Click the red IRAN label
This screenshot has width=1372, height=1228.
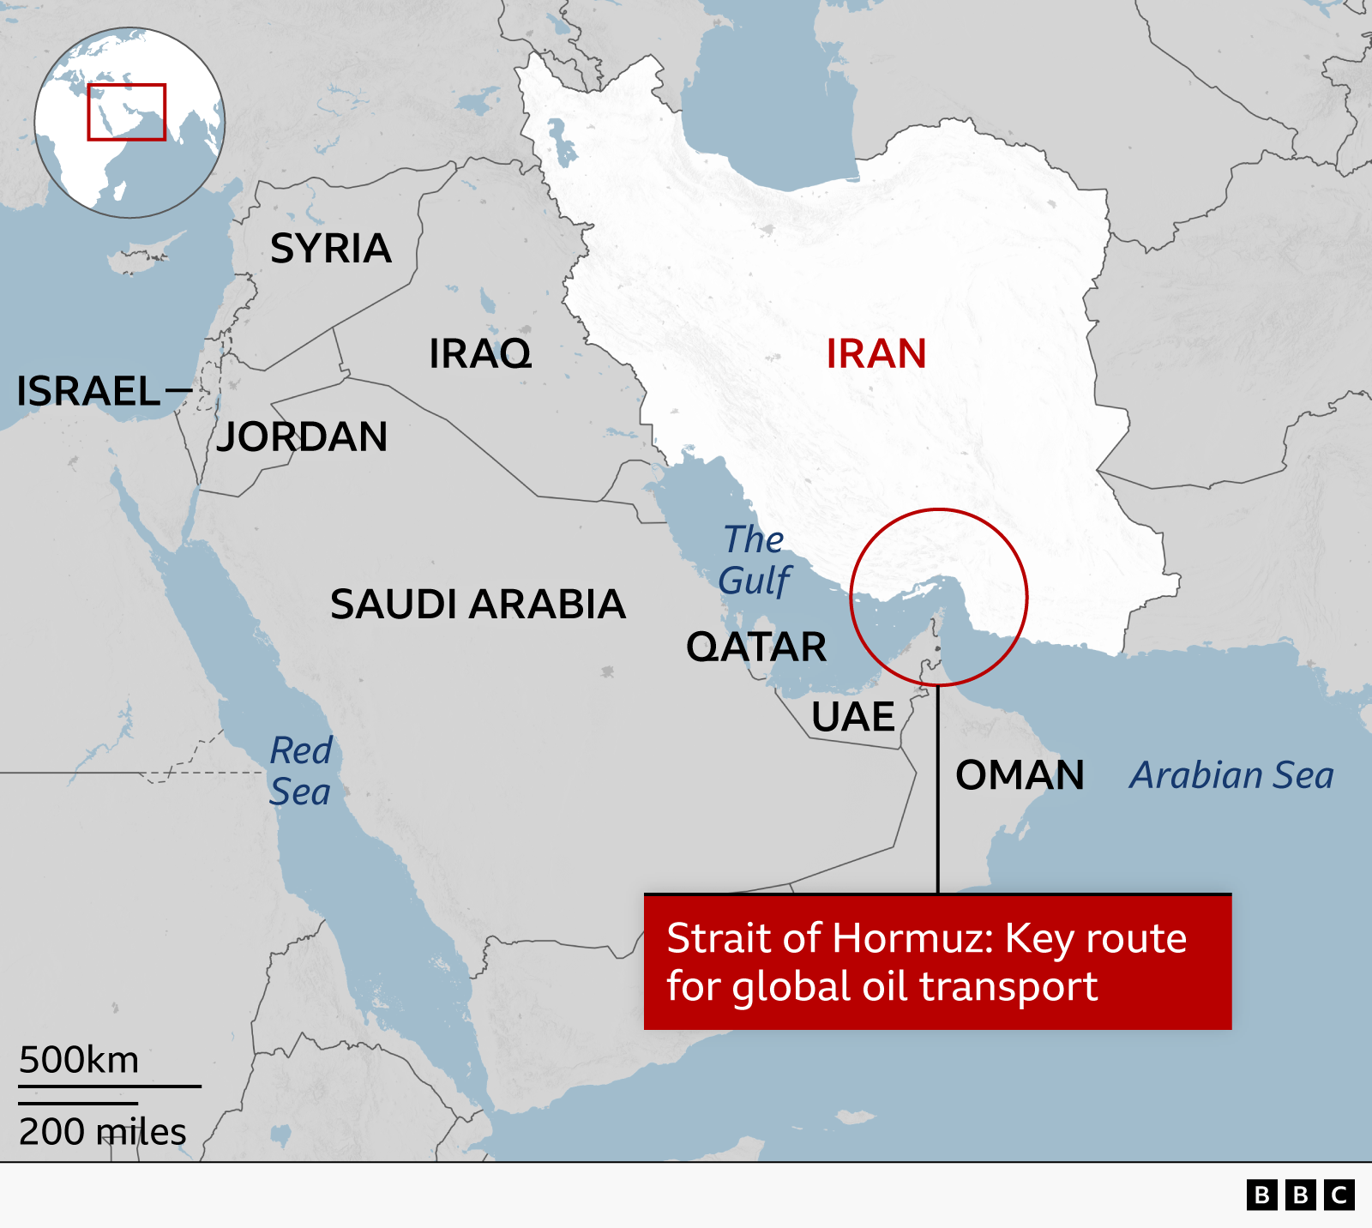[x=876, y=353]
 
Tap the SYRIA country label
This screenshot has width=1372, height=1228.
[x=331, y=249]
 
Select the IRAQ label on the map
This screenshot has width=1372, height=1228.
[x=480, y=353]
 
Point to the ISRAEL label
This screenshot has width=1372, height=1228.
[x=88, y=391]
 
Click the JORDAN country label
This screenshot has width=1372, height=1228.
[x=302, y=436]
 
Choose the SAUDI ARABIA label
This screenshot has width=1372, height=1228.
[x=478, y=604]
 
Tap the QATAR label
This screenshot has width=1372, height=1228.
[x=756, y=647]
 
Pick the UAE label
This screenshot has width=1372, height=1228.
[x=853, y=717]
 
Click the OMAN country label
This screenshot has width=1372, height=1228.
[x=1020, y=775]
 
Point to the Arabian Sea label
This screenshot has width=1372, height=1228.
[x=1231, y=775]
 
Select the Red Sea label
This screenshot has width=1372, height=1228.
[x=300, y=771]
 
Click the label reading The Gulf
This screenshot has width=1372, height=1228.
[x=754, y=560]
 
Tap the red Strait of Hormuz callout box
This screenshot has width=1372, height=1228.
[x=937, y=962]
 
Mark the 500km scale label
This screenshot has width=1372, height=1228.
[x=79, y=1060]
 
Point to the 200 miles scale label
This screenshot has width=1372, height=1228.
[x=102, y=1132]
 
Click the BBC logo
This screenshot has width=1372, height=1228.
[x=1300, y=1195]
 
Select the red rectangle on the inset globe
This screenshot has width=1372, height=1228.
[x=126, y=111]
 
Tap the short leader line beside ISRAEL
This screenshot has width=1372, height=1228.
[x=178, y=391]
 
